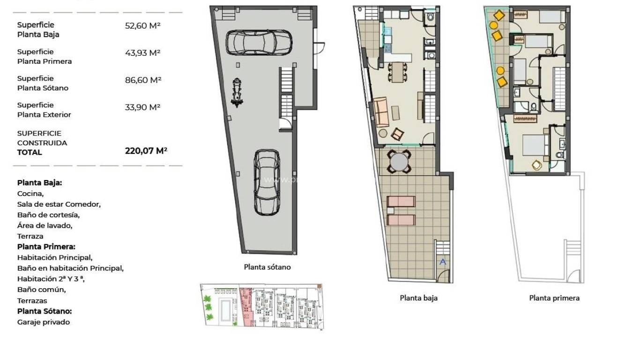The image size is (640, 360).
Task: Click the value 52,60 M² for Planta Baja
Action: coord(142,26)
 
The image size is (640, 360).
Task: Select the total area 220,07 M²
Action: coord(146,151)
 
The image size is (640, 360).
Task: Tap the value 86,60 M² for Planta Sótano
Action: coord(143,80)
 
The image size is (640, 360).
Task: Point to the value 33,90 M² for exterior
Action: coord(142,107)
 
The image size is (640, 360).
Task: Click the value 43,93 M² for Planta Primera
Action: coord(142,53)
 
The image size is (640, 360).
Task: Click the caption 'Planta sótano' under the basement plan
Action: coord(267,267)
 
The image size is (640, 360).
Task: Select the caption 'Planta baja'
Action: coord(418,298)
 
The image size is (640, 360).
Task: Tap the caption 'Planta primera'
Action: coord(554,298)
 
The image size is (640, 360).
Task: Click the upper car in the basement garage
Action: coord(256,42)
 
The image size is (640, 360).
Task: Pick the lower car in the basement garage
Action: coord(267,182)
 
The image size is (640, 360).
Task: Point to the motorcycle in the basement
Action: coord(238,92)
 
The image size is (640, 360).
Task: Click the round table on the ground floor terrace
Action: coord(399,162)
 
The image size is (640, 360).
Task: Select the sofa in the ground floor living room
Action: coord(381,112)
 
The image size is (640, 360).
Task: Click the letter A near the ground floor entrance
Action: coord(443,262)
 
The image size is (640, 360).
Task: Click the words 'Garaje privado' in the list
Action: coord(44,322)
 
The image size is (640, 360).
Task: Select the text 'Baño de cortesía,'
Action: coord(48,215)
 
